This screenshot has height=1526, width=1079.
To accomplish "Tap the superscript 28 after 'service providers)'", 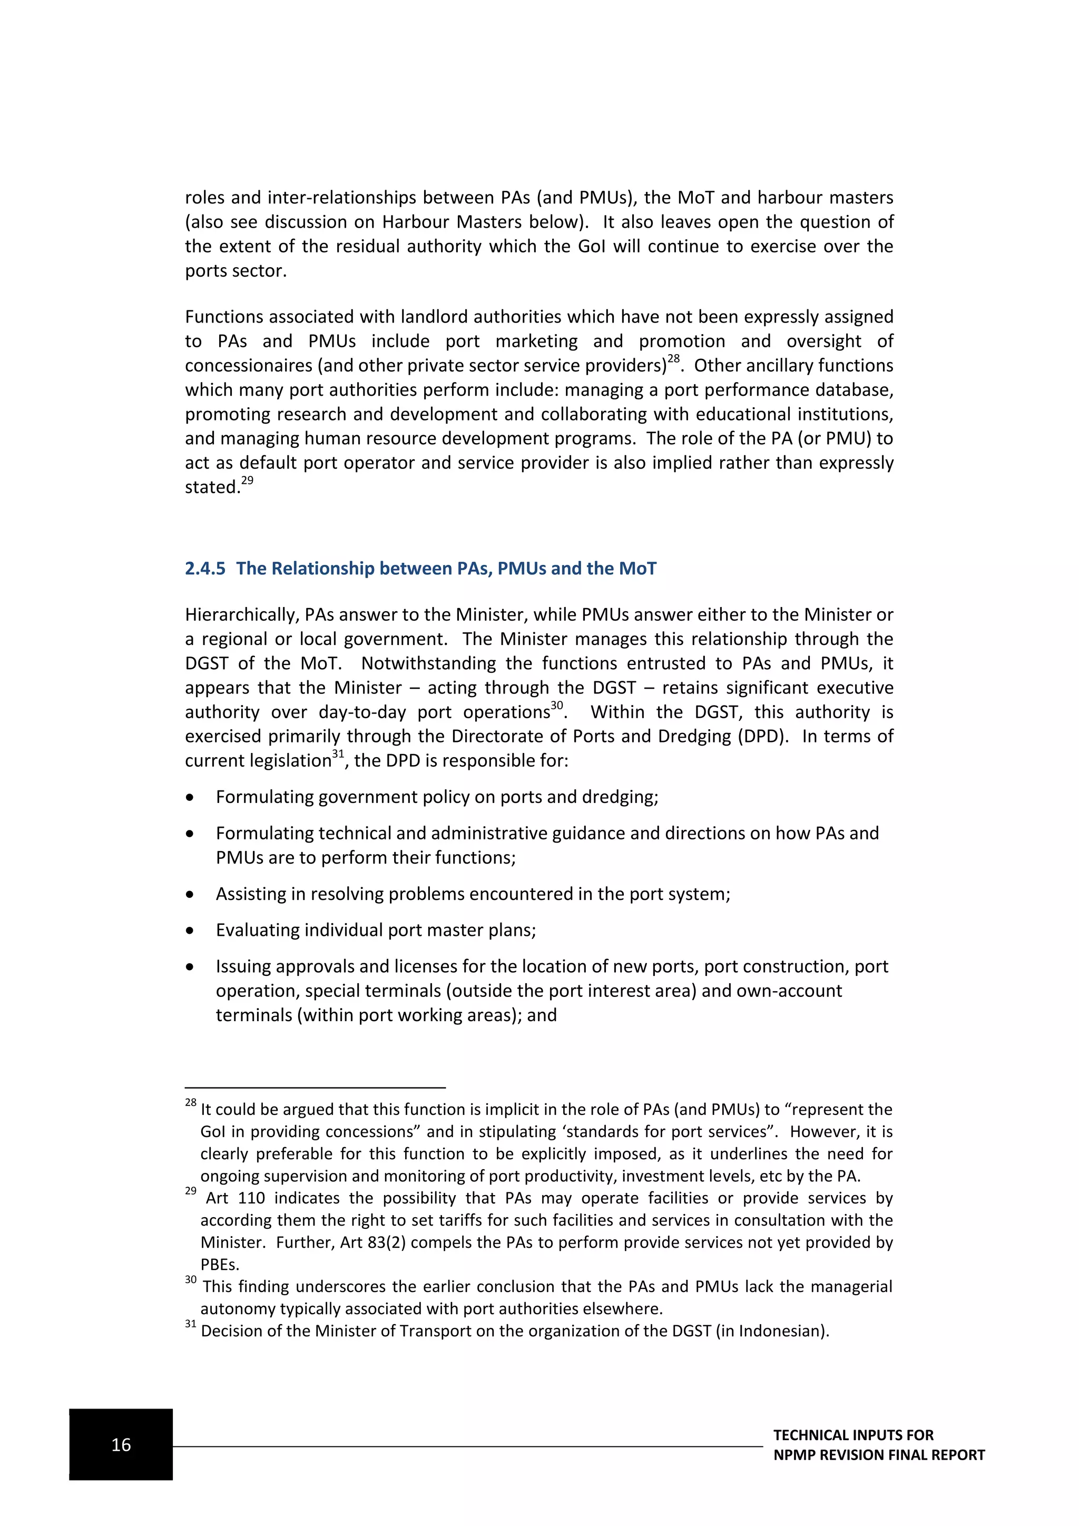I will coord(674,359).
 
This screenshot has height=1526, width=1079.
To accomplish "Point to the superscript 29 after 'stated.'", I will coord(247,481).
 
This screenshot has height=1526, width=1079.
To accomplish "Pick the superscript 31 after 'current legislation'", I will coord(338,754).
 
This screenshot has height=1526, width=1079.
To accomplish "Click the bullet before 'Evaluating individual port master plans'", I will coord(190,931).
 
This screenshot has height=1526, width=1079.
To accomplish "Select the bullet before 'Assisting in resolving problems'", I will coord(190,895).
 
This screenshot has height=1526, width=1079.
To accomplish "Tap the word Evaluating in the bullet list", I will coord(258,930).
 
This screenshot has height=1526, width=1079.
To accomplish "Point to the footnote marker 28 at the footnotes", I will coord(191,1103).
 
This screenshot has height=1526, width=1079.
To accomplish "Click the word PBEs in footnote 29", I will coord(219,1264).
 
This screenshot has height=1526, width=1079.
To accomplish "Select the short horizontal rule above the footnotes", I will coord(315,1088).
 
